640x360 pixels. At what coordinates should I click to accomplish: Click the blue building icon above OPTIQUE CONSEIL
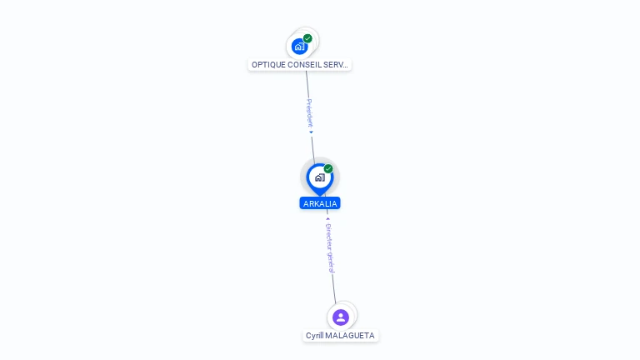pyautogui.click(x=299, y=46)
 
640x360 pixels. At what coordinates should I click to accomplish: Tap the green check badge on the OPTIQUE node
pyautogui.click(x=307, y=38)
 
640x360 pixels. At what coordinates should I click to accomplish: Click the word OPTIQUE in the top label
pyautogui.click(x=269, y=64)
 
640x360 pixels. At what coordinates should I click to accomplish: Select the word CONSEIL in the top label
pyautogui.click(x=307, y=64)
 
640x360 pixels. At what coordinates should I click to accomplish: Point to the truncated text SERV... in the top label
pyautogui.click(x=338, y=64)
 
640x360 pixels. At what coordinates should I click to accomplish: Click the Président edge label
pyautogui.click(x=309, y=112)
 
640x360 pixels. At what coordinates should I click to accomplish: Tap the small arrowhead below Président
pyautogui.click(x=311, y=132)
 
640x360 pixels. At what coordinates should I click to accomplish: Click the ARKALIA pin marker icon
pyautogui.click(x=319, y=177)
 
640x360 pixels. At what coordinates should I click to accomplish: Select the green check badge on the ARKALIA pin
pyautogui.click(x=328, y=168)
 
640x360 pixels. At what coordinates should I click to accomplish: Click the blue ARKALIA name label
pyautogui.click(x=320, y=203)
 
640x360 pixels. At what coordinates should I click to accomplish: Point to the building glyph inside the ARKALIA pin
pyautogui.click(x=319, y=177)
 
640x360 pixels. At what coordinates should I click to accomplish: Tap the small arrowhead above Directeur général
pyautogui.click(x=327, y=219)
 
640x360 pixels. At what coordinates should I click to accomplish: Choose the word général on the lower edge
pyautogui.click(x=332, y=262)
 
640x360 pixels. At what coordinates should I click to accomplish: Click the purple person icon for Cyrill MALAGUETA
pyautogui.click(x=340, y=317)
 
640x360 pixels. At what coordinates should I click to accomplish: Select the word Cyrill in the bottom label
pyautogui.click(x=315, y=336)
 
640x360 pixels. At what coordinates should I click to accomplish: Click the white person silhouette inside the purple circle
pyautogui.click(x=340, y=317)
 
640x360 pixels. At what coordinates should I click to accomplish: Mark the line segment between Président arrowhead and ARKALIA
pyautogui.click(x=313, y=147)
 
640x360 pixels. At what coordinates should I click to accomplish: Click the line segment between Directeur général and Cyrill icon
pyautogui.click(x=335, y=290)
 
